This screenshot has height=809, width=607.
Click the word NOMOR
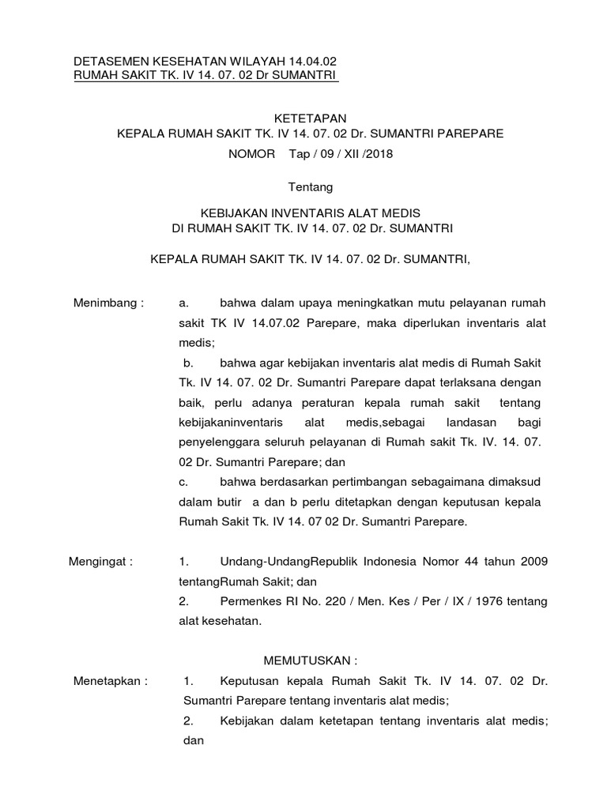[x=252, y=154]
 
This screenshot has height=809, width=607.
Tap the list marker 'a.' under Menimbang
[x=183, y=303]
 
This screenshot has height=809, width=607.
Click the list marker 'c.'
[x=183, y=481]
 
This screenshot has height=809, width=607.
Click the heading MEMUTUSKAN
[x=311, y=660]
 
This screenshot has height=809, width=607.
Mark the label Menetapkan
[x=106, y=680]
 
